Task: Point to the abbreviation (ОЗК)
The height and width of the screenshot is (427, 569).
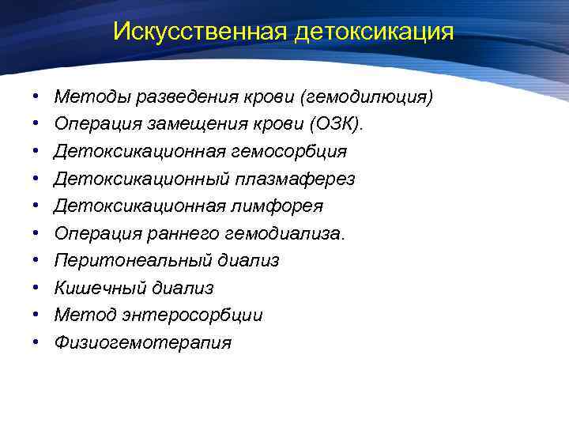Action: coord(337,124)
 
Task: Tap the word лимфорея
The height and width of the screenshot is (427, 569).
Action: coord(281,206)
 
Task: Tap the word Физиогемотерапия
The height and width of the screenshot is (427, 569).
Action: coord(143,342)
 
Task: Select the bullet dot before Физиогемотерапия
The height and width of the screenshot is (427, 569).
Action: coord(38,342)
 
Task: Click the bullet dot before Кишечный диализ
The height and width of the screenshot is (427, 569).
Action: coord(38,288)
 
